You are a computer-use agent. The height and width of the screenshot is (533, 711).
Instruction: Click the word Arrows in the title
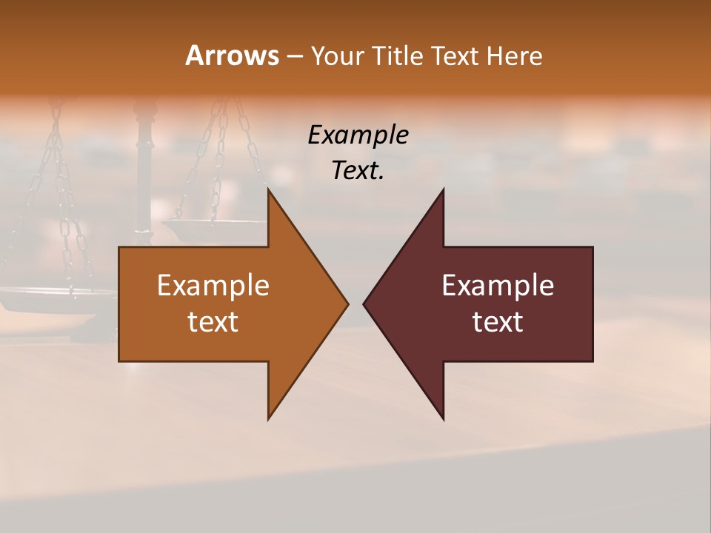tap(232, 56)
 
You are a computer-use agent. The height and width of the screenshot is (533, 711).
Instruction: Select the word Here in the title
tap(514, 56)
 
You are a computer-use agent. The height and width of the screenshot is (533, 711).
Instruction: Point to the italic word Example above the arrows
tap(358, 135)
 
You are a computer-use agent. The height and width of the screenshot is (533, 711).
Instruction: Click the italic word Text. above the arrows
tap(358, 171)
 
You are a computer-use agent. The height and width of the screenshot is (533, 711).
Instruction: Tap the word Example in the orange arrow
tap(213, 286)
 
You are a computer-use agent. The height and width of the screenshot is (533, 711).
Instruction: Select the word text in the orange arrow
tap(213, 322)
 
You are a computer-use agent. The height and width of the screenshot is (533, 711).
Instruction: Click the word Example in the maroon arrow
tap(498, 286)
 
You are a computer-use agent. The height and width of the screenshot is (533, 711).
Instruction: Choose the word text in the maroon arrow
tap(498, 322)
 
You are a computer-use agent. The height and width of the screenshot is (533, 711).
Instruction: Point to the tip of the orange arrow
tap(347, 304)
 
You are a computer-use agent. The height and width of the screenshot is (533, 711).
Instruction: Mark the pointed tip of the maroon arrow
tap(364, 304)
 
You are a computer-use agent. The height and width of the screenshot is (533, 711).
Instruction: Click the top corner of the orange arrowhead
tap(269, 190)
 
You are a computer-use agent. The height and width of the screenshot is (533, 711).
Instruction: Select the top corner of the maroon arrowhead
tap(443, 190)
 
